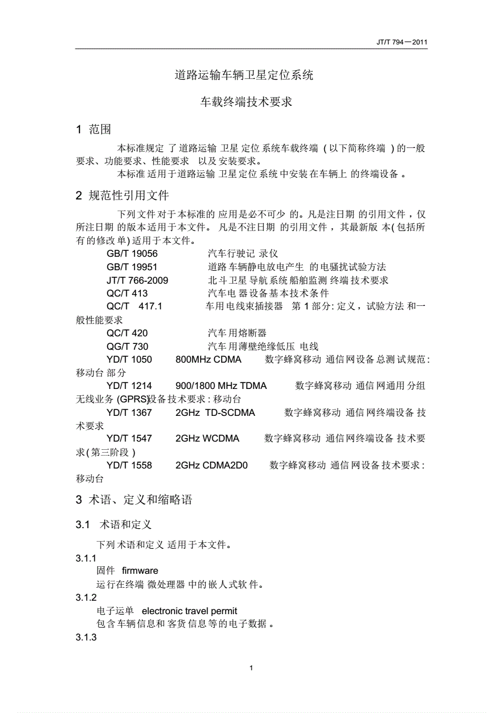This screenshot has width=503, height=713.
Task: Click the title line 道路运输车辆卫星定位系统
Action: tap(244, 75)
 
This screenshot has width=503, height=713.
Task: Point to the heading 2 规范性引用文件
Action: tap(122, 196)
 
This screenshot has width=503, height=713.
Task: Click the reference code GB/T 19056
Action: tap(132, 254)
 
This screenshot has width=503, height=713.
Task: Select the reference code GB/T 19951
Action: tap(132, 267)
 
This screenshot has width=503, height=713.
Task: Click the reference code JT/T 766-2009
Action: tap(137, 280)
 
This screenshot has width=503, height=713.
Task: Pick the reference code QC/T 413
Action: tap(127, 293)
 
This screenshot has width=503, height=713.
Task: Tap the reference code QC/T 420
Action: tap(127, 333)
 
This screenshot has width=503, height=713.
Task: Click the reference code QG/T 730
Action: tap(127, 346)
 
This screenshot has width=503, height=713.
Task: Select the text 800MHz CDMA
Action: tap(208, 359)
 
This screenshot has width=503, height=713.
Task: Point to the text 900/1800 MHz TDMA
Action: tap(221, 385)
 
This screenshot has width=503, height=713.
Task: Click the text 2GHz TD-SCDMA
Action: tap(215, 412)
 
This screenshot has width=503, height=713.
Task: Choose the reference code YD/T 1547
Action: tap(129, 439)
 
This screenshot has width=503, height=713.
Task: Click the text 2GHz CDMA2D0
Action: tap(212, 466)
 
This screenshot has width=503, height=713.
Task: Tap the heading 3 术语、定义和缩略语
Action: tap(134, 500)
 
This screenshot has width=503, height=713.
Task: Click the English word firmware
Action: tap(140, 570)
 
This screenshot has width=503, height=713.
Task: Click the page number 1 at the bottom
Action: tap(251, 668)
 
